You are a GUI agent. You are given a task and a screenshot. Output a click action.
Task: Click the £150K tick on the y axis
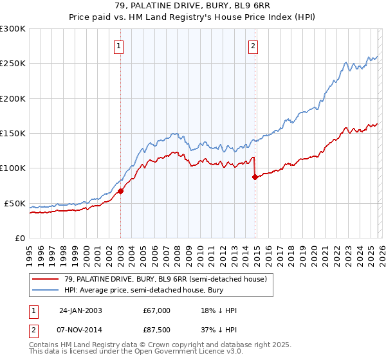(13, 134)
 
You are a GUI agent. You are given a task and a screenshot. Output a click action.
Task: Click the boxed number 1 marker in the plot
(120, 46)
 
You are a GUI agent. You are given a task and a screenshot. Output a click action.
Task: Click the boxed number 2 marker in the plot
(253, 46)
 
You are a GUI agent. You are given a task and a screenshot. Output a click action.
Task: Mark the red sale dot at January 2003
(121, 191)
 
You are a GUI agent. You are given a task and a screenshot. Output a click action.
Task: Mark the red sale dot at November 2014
(255, 177)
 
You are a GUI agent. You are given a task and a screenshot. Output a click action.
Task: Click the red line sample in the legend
(45, 278)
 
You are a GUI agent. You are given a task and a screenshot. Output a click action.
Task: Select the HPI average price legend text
(136, 290)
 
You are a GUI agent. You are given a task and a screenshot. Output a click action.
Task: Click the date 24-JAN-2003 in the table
(80, 310)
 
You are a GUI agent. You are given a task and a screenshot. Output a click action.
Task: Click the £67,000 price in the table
(157, 310)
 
